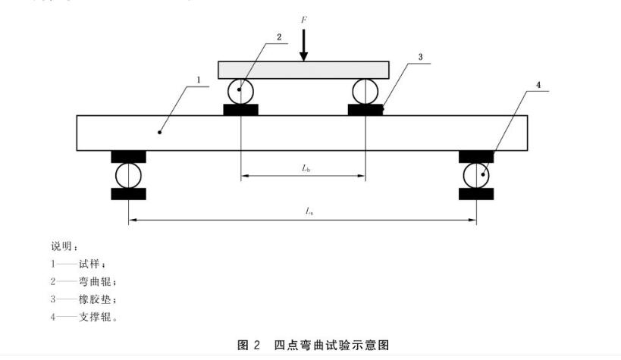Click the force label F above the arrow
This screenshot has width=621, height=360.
click(x=304, y=17)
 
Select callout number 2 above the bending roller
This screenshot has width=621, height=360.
click(x=279, y=36)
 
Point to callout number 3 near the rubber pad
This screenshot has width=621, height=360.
click(x=419, y=57)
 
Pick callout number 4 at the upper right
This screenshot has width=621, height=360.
click(x=538, y=86)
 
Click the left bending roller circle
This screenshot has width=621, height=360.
click(x=240, y=91)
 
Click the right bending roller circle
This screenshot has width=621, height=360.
click(x=365, y=91)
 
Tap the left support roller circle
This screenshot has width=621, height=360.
click(x=128, y=176)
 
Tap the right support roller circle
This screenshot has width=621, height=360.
click(x=476, y=176)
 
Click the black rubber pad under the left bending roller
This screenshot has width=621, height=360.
click(x=240, y=110)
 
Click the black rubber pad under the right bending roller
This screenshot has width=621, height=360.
click(x=365, y=110)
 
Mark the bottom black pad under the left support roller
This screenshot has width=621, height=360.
click(x=128, y=194)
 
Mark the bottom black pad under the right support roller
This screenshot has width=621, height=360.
click(x=476, y=194)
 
